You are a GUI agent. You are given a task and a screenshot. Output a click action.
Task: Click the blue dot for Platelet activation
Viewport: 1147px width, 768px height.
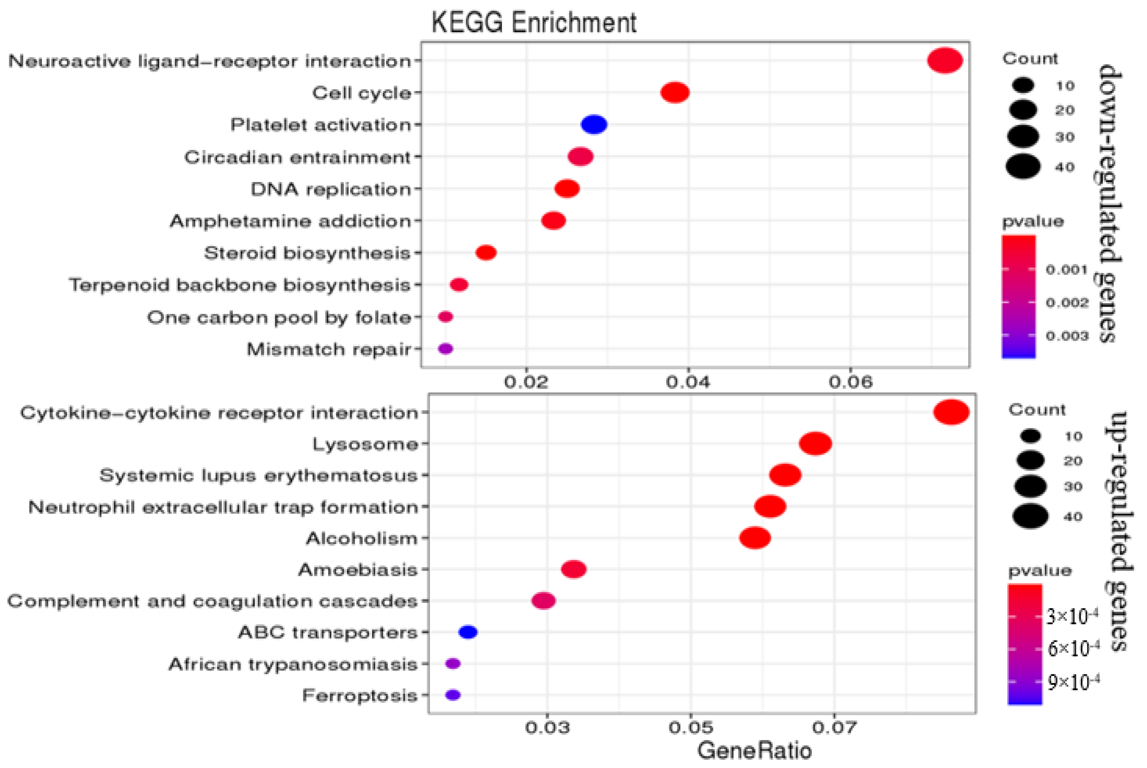(x=594, y=124)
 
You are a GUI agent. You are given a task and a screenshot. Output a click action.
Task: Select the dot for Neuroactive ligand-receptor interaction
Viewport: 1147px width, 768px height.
(x=945, y=60)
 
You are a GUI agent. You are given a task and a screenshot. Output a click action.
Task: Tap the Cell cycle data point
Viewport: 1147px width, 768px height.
(x=675, y=92)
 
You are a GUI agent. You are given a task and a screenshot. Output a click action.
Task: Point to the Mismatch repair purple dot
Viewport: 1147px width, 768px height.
(x=445, y=349)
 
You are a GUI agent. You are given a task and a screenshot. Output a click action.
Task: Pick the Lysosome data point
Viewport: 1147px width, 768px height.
(x=815, y=444)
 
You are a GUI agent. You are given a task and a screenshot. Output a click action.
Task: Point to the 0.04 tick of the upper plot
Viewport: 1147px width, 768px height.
(x=688, y=382)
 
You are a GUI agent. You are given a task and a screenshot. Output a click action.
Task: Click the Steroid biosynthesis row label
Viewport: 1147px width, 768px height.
(x=307, y=253)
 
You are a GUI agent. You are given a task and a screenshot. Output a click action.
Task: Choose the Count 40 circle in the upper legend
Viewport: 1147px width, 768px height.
(x=1023, y=167)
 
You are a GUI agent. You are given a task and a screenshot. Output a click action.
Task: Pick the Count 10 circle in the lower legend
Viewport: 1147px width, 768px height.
(x=1030, y=436)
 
